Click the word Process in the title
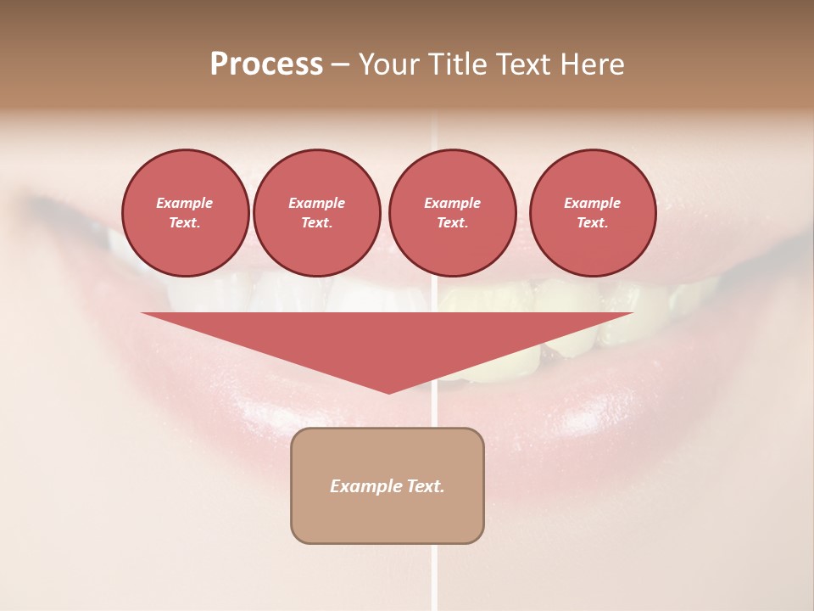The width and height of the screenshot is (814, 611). pos(266,64)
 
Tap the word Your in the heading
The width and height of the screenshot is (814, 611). pos(389,64)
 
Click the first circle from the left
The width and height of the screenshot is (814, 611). pos(185,213)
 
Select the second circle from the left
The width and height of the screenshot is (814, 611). pos(316,213)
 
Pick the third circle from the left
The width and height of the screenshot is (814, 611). pos(452,213)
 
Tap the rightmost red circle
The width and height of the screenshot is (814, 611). pos(592,213)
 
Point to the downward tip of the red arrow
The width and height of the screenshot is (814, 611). pos(388,391)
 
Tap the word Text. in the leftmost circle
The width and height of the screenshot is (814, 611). pos(185,223)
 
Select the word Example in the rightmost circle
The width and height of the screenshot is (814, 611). pos(592,203)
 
